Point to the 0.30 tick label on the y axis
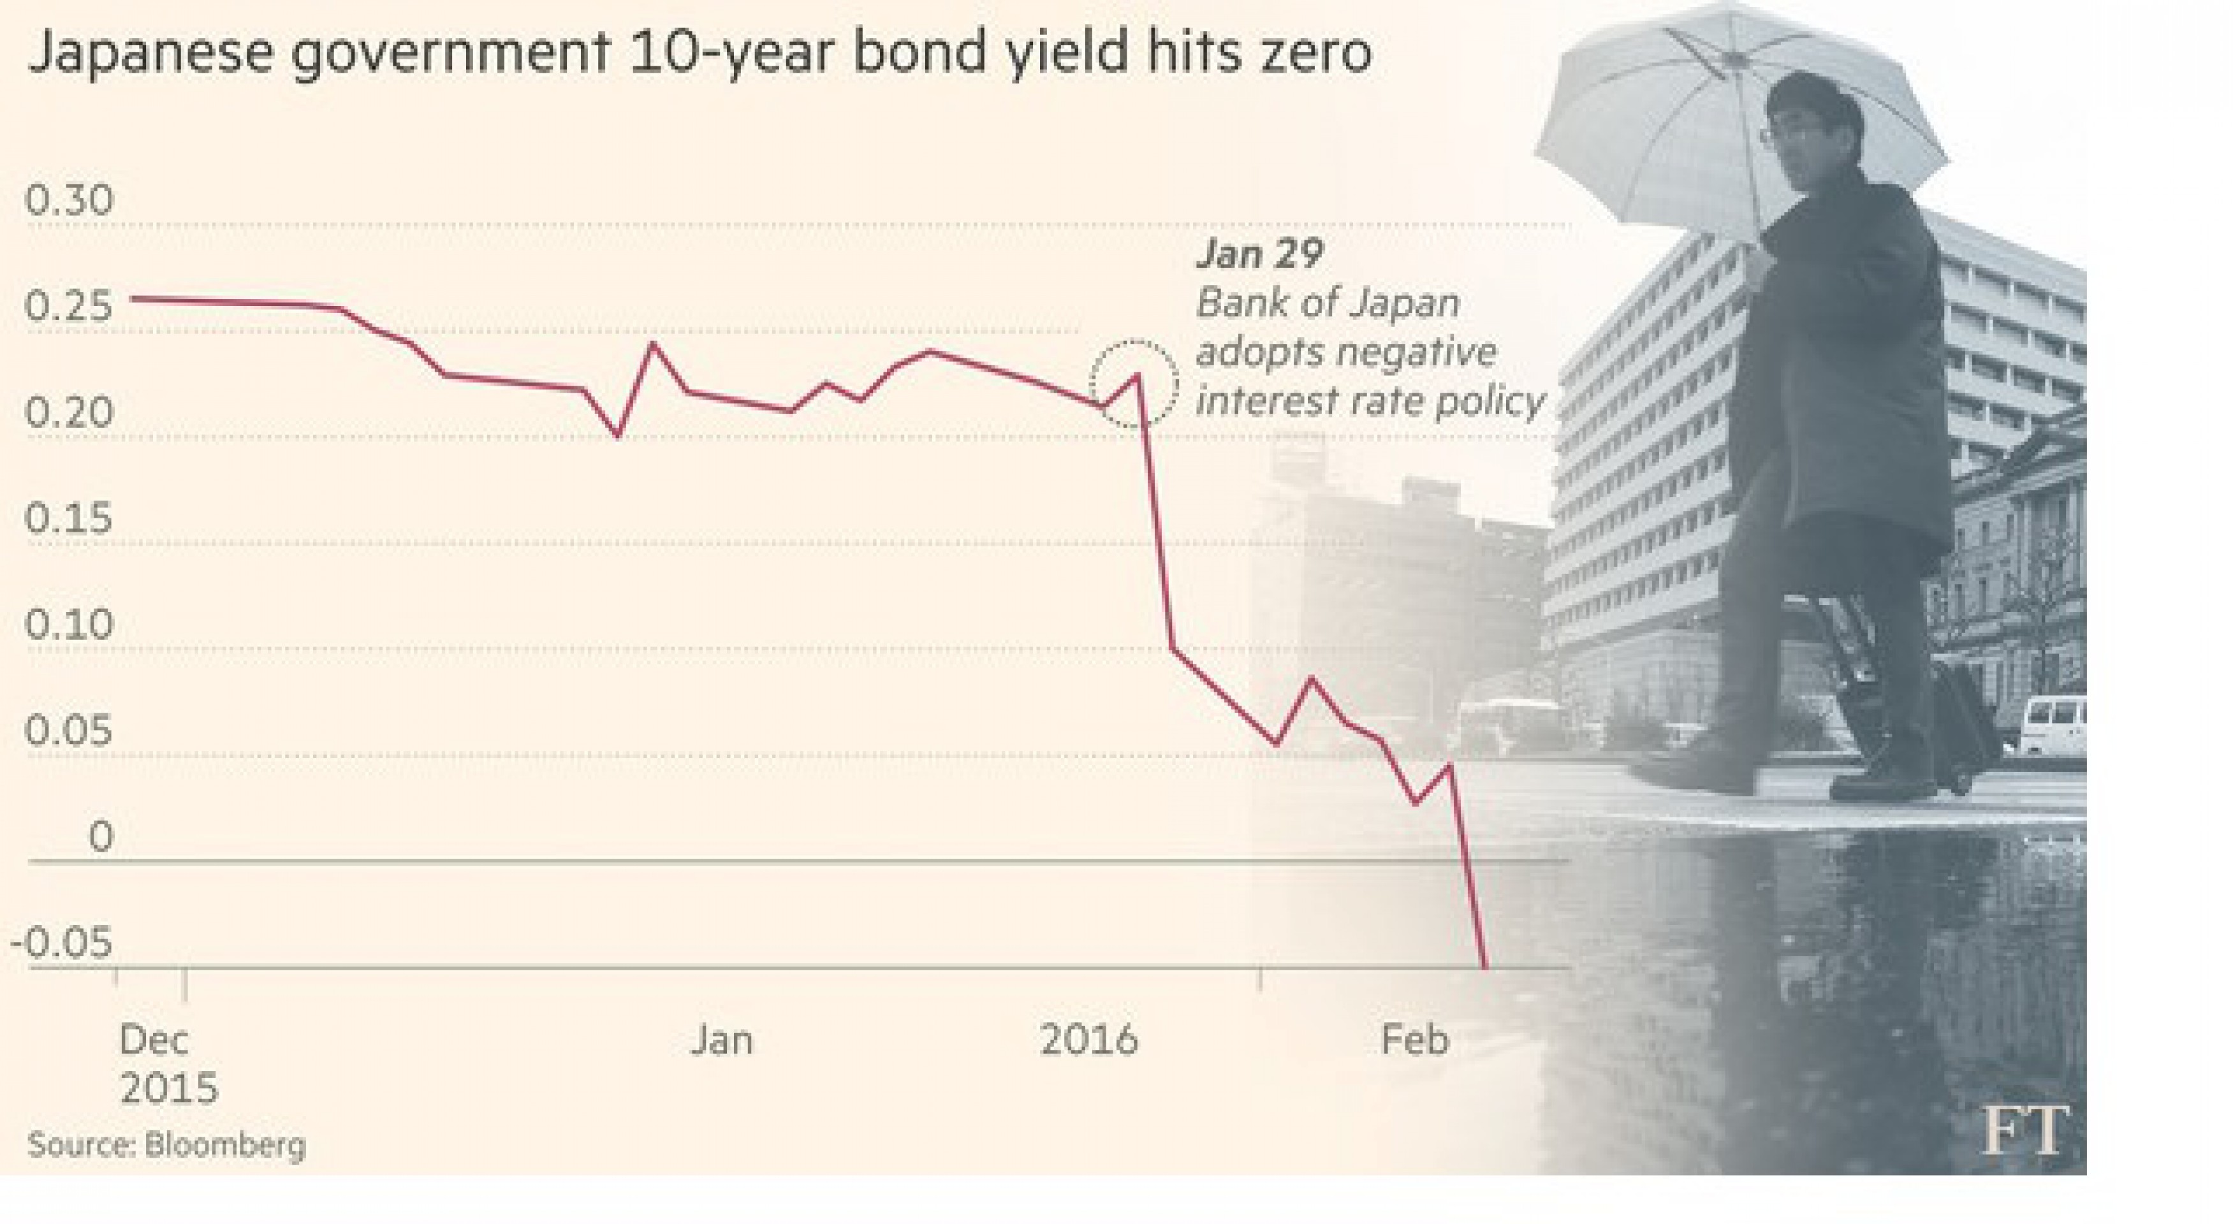pyautogui.click(x=70, y=200)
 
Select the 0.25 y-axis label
pyautogui.click(x=70, y=307)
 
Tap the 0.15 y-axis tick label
pyautogui.click(x=70, y=518)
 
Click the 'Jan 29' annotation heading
pyautogui.click(x=1259, y=254)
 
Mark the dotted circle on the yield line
pyautogui.click(x=1134, y=383)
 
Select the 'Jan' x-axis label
pyautogui.click(x=721, y=1039)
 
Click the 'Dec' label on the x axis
pyautogui.click(x=154, y=1039)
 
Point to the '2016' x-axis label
pyautogui.click(x=1088, y=1039)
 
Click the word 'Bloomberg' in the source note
pyautogui.click(x=225, y=1145)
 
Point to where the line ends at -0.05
pyautogui.click(x=1486, y=966)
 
